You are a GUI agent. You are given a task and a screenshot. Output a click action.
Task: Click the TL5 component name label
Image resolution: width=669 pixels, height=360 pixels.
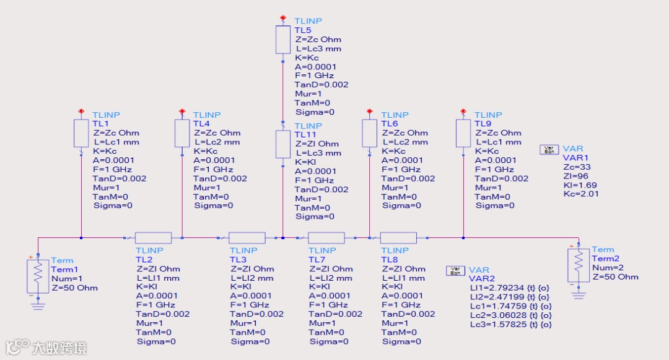(x=303, y=30)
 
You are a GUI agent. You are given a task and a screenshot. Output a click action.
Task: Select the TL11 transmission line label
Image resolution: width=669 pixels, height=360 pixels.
(x=305, y=135)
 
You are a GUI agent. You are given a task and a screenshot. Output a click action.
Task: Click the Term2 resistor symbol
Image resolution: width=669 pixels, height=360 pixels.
(x=579, y=265)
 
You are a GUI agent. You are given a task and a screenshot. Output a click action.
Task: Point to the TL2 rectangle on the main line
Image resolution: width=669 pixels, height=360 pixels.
(x=153, y=237)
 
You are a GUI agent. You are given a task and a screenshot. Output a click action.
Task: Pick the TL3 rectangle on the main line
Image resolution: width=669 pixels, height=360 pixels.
(x=247, y=237)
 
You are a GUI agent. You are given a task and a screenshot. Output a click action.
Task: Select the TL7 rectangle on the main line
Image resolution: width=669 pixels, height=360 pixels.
(x=326, y=237)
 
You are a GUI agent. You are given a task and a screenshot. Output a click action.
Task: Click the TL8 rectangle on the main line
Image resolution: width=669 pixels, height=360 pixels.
(x=398, y=237)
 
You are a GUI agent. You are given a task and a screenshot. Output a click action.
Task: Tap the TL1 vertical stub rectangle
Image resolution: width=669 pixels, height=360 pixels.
(x=81, y=133)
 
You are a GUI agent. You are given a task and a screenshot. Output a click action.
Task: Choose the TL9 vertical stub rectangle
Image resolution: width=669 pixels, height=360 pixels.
(x=463, y=133)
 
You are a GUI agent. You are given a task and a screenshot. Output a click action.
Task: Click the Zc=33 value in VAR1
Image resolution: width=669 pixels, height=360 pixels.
(x=573, y=167)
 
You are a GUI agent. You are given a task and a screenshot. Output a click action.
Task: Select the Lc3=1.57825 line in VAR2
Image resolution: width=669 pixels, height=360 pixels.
(x=510, y=324)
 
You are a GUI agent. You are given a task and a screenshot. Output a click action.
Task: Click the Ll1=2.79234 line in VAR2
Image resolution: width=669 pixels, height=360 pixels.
(x=510, y=288)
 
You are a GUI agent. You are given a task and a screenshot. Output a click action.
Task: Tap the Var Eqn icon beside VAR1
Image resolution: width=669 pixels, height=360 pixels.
(x=549, y=149)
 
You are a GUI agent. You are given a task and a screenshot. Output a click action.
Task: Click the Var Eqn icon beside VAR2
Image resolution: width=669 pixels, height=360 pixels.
(x=455, y=270)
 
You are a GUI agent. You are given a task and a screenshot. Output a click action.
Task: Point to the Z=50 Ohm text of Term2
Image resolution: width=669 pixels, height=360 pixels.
(x=615, y=276)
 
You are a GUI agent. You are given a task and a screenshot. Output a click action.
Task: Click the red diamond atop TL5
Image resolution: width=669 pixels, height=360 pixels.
(x=283, y=17)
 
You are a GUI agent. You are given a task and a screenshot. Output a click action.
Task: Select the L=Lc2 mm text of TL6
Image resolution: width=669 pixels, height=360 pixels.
(x=404, y=142)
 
